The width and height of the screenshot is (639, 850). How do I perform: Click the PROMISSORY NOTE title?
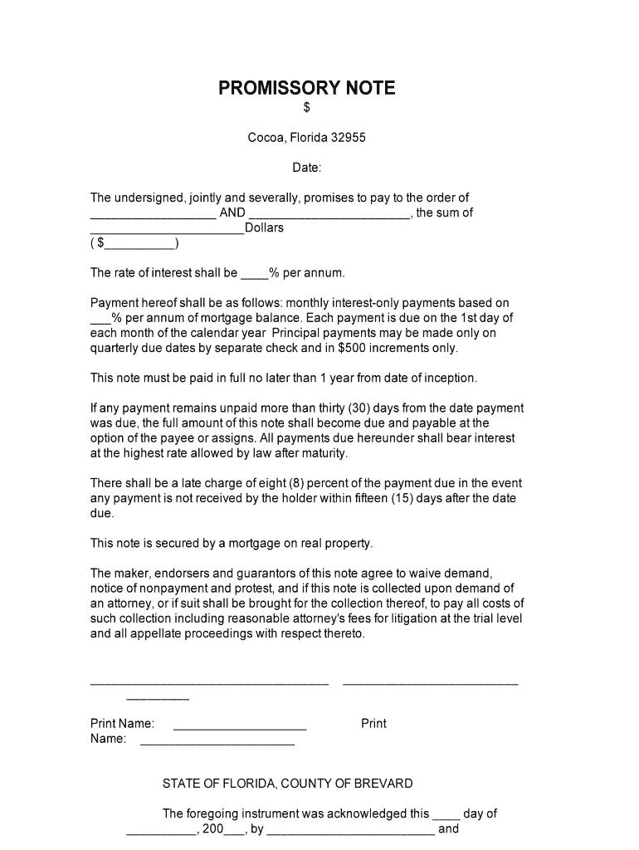[x=307, y=88]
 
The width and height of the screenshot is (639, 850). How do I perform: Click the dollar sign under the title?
[x=307, y=108]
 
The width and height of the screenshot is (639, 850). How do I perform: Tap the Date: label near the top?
[x=307, y=168]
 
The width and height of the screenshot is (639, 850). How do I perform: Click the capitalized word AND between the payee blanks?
[x=232, y=212]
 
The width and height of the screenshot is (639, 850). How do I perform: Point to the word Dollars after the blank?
[x=265, y=227]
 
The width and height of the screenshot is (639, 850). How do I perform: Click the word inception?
[x=450, y=379]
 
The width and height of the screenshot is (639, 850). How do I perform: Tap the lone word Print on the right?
[x=373, y=724]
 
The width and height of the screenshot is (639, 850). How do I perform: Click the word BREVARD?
[x=386, y=784]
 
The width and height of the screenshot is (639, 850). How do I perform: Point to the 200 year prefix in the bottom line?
[x=213, y=828]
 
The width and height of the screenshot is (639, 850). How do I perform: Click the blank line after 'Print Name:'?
[x=240, y=728]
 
